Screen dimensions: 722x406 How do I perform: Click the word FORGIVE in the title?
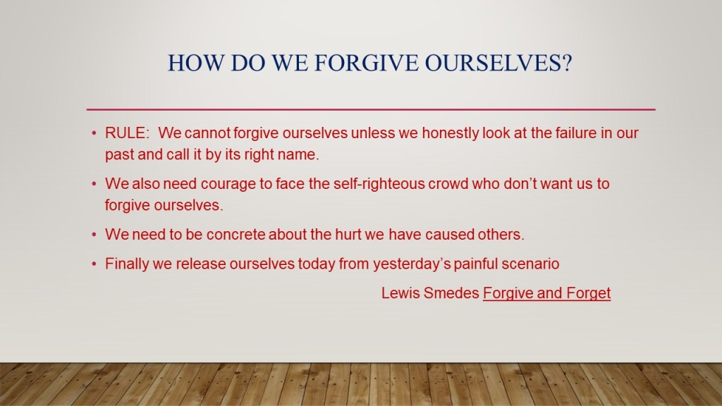[x=366, y=63]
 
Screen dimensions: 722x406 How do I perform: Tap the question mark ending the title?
[x=566, y=63]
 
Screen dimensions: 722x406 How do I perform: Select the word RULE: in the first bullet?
[x=127, y=133]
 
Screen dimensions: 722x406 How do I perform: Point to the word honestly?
[x=450, y=133]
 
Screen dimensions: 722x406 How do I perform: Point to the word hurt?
[x=348, y=234]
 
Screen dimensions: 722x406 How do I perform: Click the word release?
[x=201, y=264]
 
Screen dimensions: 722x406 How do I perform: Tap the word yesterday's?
[x=411, y=264]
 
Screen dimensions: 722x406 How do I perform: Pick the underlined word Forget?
[x=589, y=293]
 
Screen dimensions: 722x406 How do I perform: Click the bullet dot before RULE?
[x=94, y=133]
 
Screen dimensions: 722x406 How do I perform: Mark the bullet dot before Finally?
[x=94, y=264]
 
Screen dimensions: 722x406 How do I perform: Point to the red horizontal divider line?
[x=371, y=109]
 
